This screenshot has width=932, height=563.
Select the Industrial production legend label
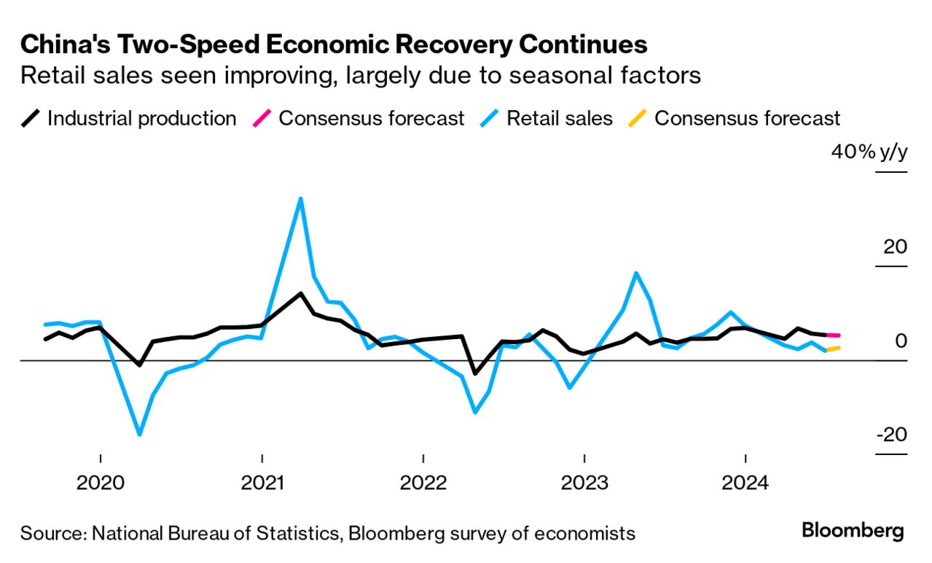click(141, 119)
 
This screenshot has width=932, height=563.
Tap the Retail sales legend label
click(560, 119)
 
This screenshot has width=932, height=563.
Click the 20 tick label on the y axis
click(895, 246)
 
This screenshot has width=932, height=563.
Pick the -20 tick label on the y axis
click(891, 435)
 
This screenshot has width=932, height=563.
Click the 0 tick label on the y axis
click(901, 341)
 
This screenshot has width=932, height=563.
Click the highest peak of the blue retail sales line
click(300, 199)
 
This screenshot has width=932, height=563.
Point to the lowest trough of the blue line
click(139, 435)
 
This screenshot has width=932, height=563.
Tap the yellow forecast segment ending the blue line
click(833, 349)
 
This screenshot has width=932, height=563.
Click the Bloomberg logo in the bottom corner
click(853, 531)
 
